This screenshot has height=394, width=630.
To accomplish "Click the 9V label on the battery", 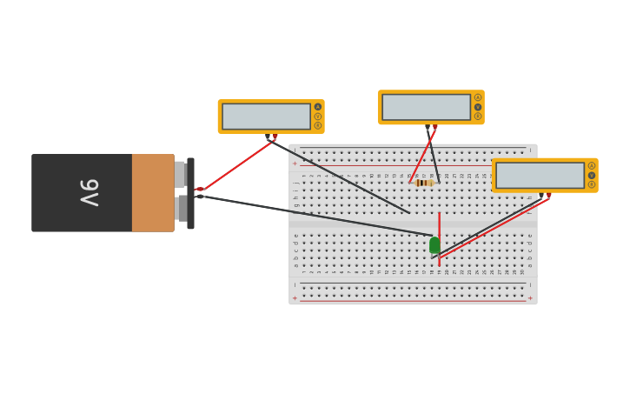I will pos(90,192).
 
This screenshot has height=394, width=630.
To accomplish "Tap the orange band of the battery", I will pos(153,193).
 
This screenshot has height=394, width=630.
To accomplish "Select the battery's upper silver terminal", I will pos(180,174).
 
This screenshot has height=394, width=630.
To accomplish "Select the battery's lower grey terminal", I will pos(181,209).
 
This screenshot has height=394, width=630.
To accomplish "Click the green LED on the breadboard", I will pos(434,245).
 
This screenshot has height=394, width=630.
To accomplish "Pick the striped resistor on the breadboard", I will pos(424,183).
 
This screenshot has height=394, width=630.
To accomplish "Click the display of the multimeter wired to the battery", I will pos(266,117).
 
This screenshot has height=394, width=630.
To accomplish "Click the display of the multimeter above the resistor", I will pos(426,107).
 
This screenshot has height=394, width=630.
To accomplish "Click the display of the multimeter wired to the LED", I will pos(540,175).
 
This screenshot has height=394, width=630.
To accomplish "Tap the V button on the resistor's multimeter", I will pos(478,107).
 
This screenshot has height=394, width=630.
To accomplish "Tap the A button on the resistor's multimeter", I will pos(478,97).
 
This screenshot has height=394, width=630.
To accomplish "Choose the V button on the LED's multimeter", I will pos(592,175).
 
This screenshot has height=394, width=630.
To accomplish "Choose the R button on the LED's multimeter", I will pos(592,184).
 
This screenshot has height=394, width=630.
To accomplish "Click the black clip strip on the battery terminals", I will pos(190,193).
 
